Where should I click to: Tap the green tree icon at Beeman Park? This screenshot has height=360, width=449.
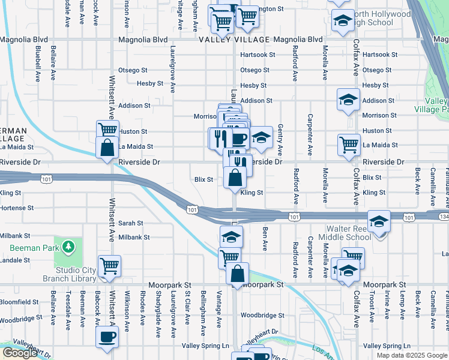point(70,247)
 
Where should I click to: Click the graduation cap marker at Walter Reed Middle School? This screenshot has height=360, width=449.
point(379,222)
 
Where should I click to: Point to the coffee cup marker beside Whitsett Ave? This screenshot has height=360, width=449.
point(107,337)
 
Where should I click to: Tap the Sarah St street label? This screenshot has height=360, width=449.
point(130,223)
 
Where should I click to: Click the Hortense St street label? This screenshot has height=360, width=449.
point(17,208)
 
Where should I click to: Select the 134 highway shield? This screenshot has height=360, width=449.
point(443,216)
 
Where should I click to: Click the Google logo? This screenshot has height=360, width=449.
point(20,353)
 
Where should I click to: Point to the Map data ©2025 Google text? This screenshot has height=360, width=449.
point(412,355)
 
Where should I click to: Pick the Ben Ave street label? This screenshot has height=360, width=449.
point(264,239)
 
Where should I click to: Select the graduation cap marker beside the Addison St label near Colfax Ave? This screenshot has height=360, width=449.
point(348,101)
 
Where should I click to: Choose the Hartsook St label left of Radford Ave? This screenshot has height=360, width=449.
point(258,55)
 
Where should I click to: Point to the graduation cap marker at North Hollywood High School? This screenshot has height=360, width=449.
point(342,21)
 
